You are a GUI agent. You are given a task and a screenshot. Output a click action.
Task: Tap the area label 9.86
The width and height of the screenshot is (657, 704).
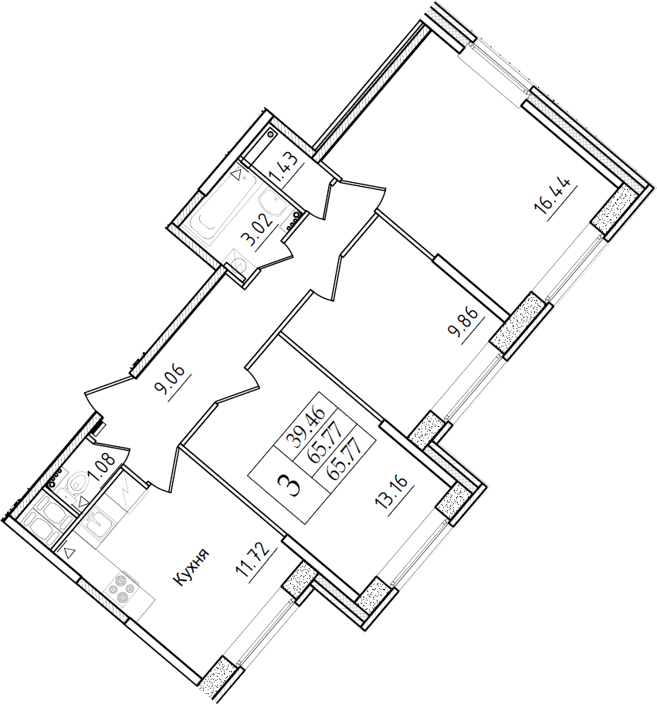(466, 325)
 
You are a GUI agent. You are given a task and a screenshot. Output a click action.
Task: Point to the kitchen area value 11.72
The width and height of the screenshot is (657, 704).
(253, 560)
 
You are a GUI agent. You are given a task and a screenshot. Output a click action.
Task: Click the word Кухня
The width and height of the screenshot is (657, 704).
(191, 567)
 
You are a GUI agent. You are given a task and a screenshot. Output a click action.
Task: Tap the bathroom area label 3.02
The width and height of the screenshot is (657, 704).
(259, 232)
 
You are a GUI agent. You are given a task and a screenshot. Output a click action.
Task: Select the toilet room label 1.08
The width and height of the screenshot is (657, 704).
(102, 469)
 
